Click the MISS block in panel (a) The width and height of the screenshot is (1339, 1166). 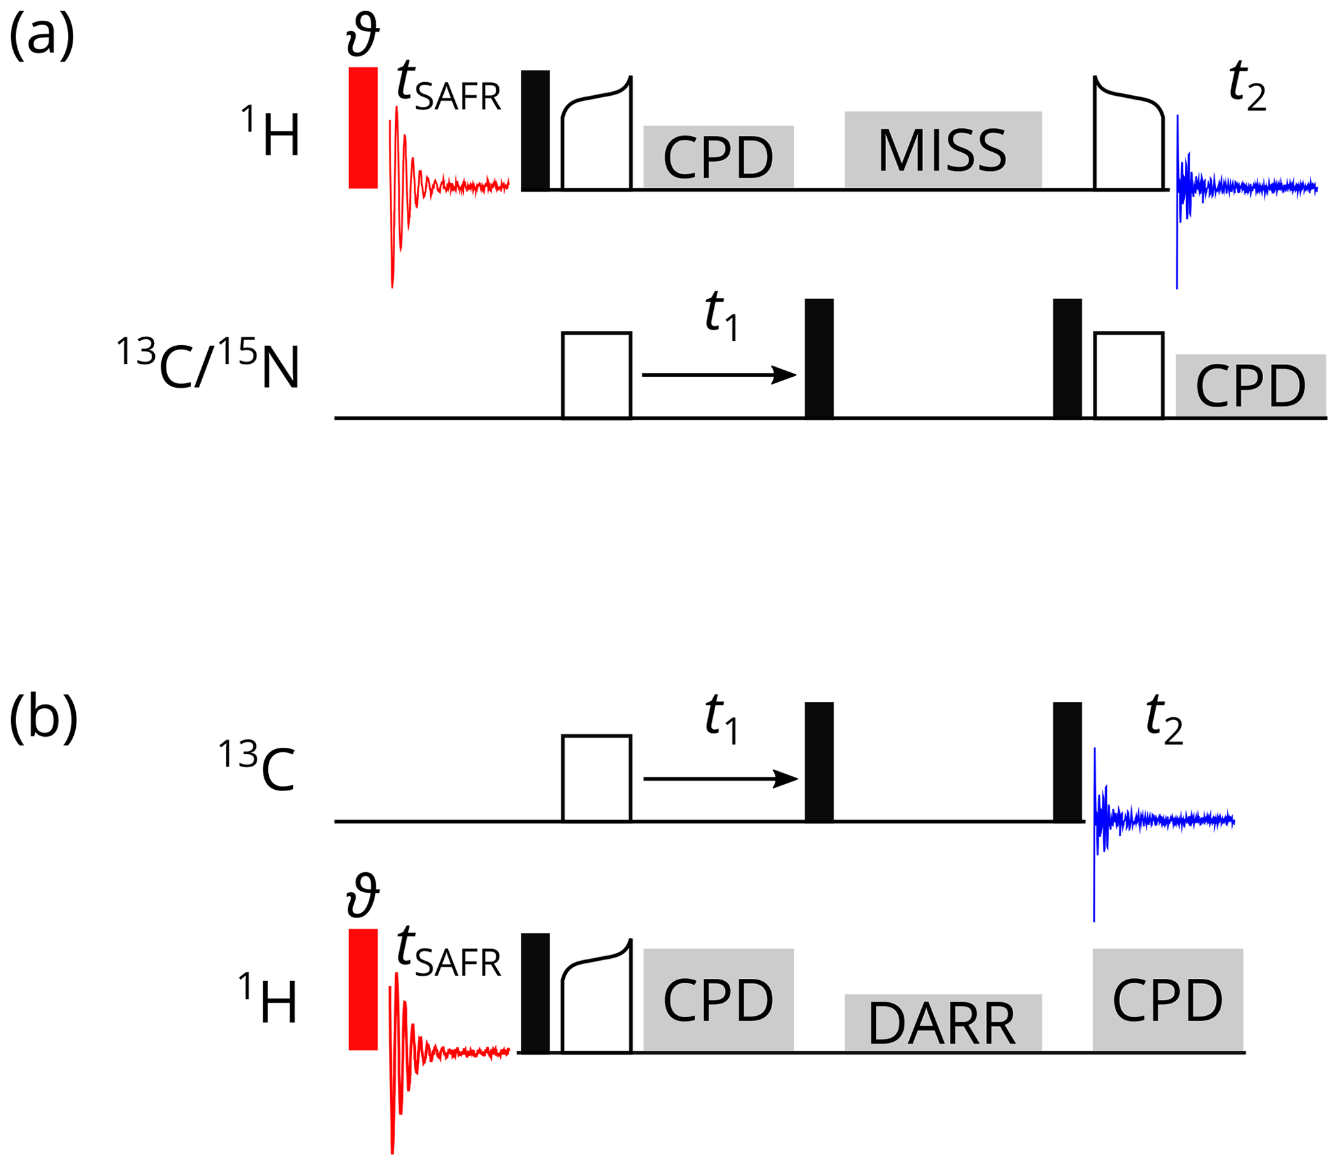[x=943, y=150]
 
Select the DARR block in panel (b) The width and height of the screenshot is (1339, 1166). [x=943, y=1022]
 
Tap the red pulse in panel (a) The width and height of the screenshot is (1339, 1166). [x=363, y=128]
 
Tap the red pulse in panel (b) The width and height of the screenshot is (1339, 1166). [x=363, y=989]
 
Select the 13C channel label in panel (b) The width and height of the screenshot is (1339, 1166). [x=257, y=768]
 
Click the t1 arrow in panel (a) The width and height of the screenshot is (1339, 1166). [x=718, y=375]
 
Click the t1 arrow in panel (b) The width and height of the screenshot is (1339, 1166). [x=720, y=778]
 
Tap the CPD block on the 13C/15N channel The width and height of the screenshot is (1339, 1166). [x=1250, y=385]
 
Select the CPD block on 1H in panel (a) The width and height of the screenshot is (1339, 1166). [x=718, y=157]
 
